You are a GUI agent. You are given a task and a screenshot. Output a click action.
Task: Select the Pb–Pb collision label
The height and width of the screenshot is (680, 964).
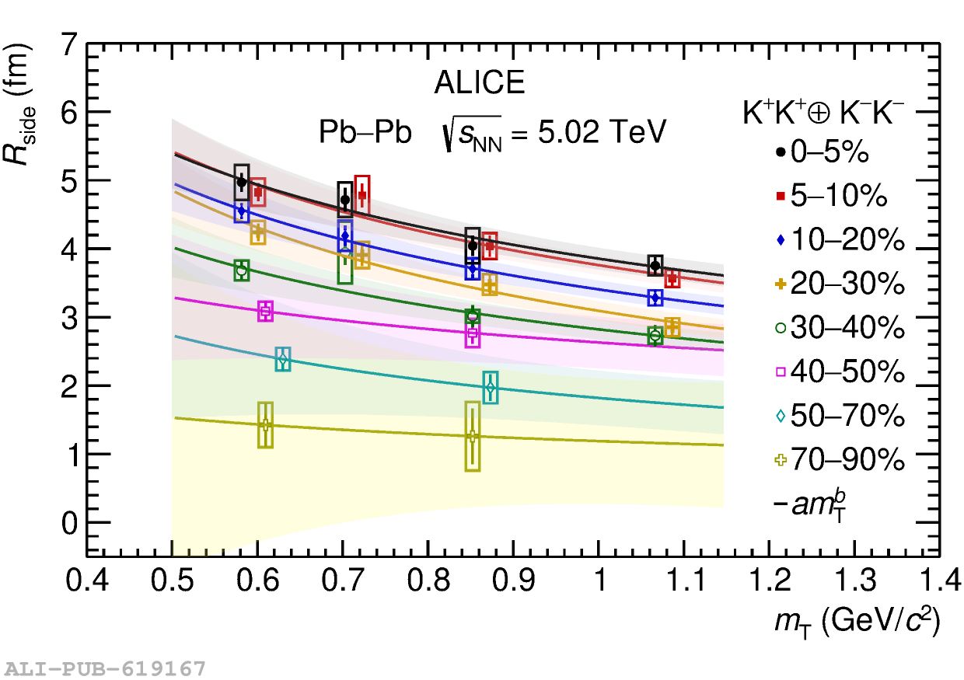pyautogui.click(x=365, y=133)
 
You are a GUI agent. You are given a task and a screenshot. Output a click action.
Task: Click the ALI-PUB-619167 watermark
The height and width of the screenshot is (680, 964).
pyautogui.click(x=105, y=668)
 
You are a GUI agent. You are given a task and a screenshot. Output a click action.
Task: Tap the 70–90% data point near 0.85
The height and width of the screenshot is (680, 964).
pyautogui.click(x=472, y=436)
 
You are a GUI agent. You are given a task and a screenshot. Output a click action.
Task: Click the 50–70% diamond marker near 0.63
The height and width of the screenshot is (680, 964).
pyautogui.click(x=283, y=360)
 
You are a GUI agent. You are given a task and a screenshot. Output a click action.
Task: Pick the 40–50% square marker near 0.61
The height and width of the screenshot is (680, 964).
pyautogui.click(x=266, y=311)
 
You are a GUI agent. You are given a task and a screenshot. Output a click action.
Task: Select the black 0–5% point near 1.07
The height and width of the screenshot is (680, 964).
pyautogui.click(x=655, y=265)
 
